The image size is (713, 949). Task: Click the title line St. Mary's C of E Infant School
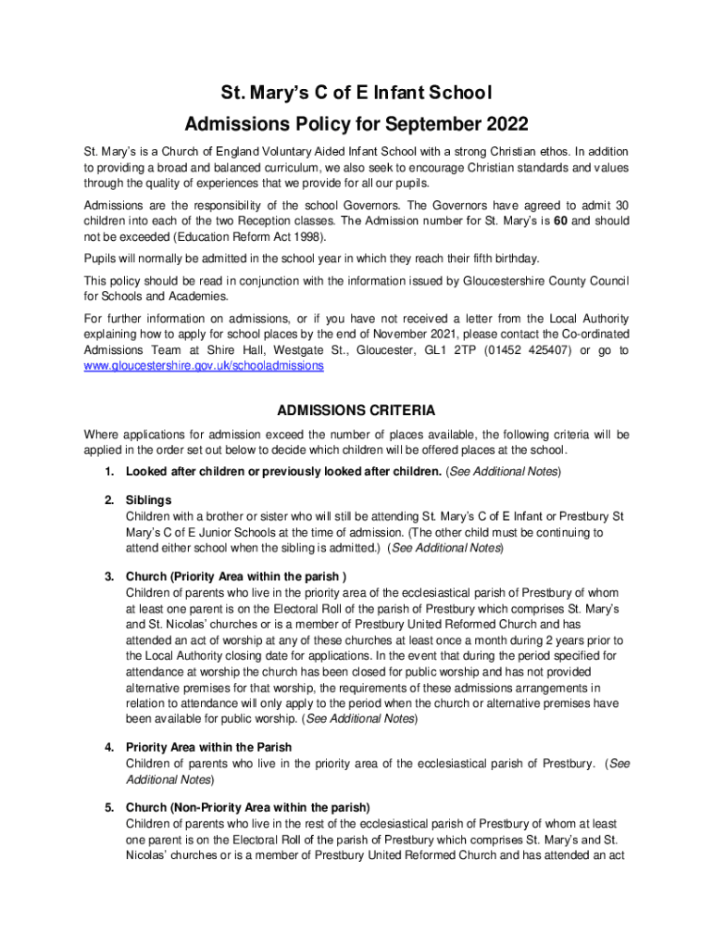click(x=356, y=93)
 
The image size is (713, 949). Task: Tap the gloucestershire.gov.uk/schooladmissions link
click(x=204, y=366)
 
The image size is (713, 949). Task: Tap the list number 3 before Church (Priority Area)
click(x=109, y=576)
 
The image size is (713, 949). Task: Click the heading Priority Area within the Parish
click(x=209, y=747)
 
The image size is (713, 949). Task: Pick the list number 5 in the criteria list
click(x=109, y=807)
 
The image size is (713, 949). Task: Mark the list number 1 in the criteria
click(x=109, y=472)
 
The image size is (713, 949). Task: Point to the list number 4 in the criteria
click(x=109, y=747)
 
